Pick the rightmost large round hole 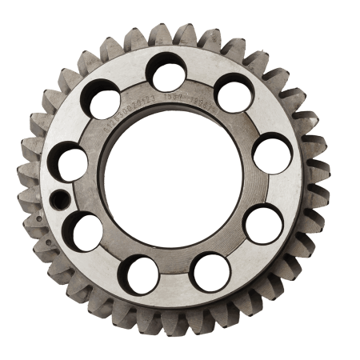coord(272,153)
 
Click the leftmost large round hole coord(70,162)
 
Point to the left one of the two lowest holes coord(142,273)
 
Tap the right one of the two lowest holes coord(211,271)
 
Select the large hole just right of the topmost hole coord(234,93)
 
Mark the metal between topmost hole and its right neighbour coord(202,81)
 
